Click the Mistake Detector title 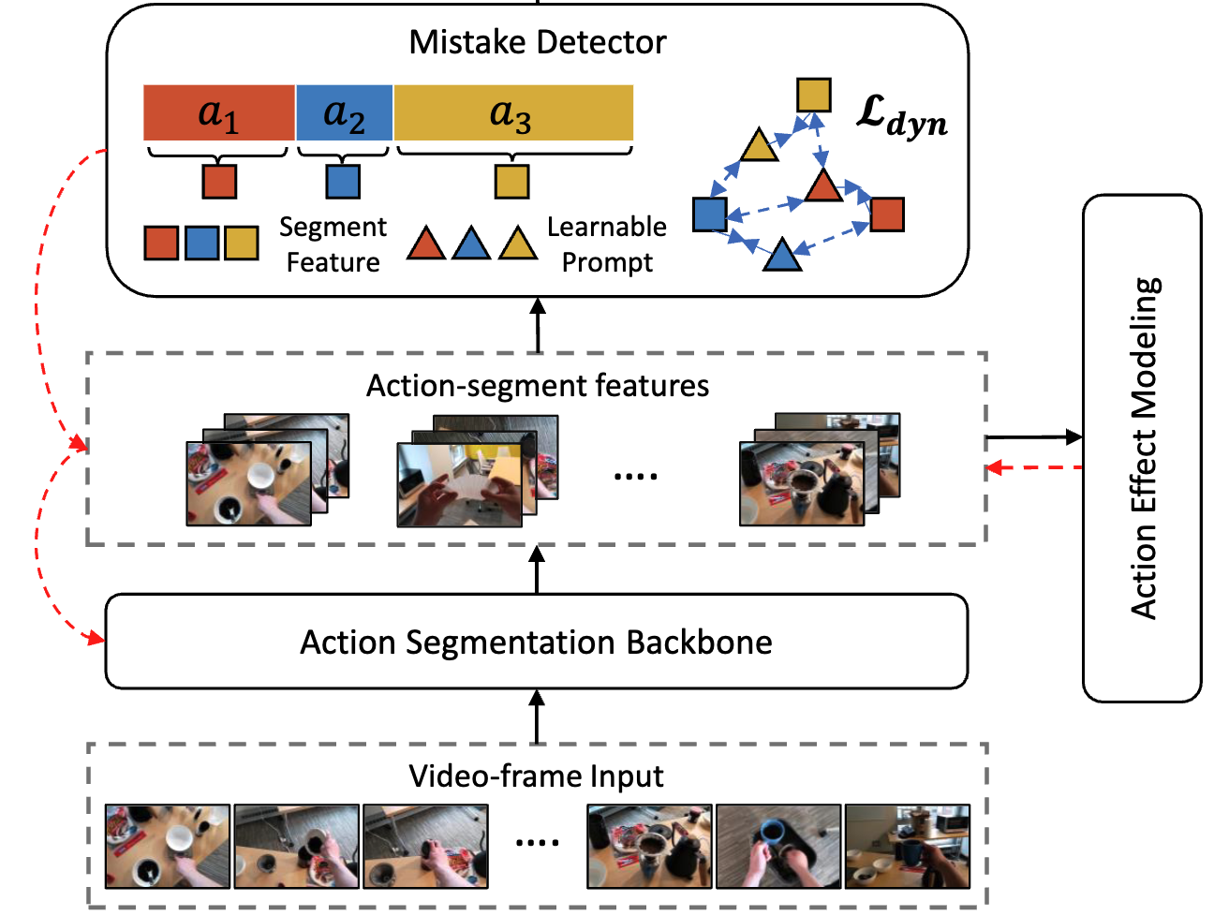point(537,42)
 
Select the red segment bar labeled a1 point(219,112)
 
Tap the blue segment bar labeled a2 point(344,112)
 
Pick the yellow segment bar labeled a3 point(513,112)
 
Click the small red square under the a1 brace point(219,182)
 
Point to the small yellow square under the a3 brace point(511,182)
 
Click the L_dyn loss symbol point(901,116)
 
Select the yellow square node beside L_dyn point(814,96)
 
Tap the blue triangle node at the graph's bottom point(781,255)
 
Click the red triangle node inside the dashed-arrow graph point(823,185)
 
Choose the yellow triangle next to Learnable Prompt point(518,244)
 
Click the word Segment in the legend point(333,228)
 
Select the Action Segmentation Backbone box point(537,642)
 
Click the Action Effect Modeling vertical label point(1143,449)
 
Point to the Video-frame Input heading point(536,776)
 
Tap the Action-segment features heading point(537,385)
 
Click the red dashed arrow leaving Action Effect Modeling point(1034,467)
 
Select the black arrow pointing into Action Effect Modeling point(1034,437)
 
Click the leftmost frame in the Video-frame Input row point(168,847)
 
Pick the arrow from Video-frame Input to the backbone point(537,717)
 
